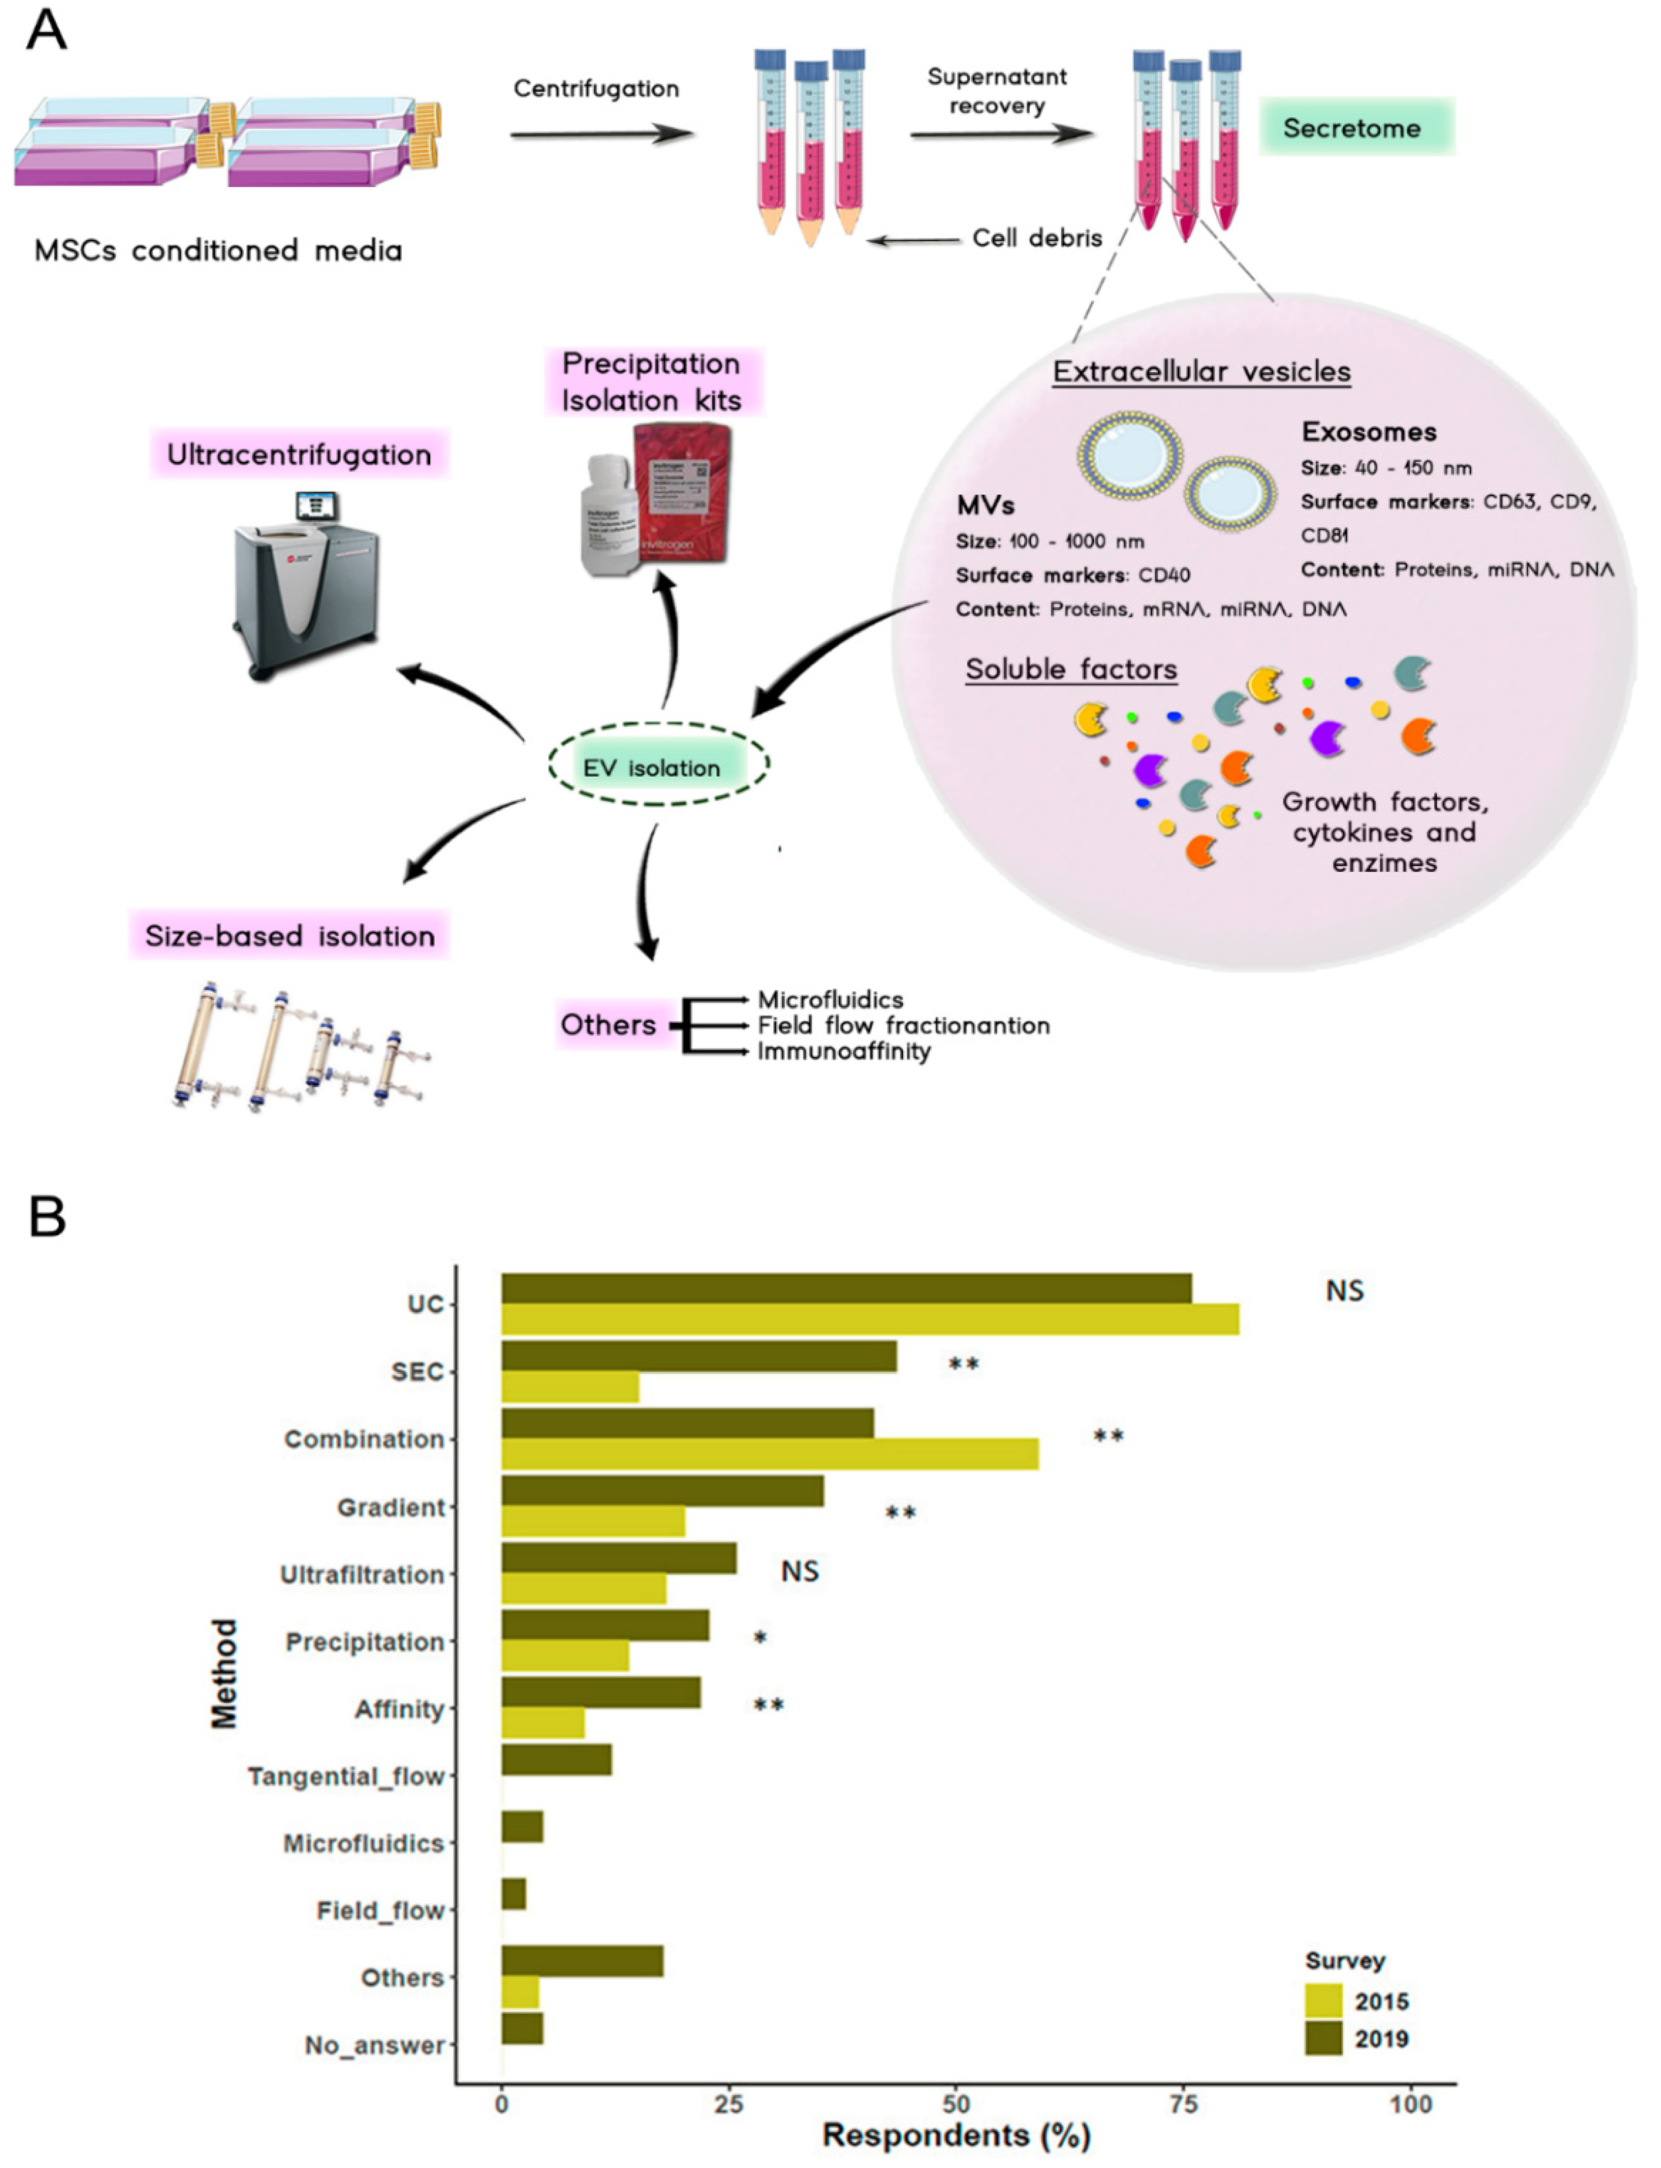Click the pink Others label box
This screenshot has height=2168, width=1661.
tap(608, 1024)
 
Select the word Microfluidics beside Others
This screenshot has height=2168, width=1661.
tap(830, 999)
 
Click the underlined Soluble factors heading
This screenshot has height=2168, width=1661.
tap(1071, 669)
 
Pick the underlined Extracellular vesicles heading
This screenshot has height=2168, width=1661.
tap(1201, 372)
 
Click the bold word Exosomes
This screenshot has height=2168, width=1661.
tap(1369, 432)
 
